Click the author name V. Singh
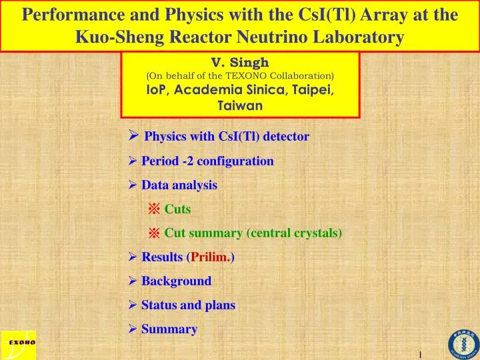(x=240, y=63)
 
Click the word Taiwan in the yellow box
(x=240, y=105)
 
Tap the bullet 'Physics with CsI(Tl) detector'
(x=227, y=137)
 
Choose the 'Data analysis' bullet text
(x=179, y=185)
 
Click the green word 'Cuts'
(x=177, y=209)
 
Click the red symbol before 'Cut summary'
(x=154, y=233)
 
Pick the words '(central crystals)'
(x=294, y=233)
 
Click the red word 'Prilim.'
(x=211, y=257)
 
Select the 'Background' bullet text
(x=176, y=281)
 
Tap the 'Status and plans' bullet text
(x=188, y=305)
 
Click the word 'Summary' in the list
(x=169, y=329)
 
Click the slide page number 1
(x=421, y=353)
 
